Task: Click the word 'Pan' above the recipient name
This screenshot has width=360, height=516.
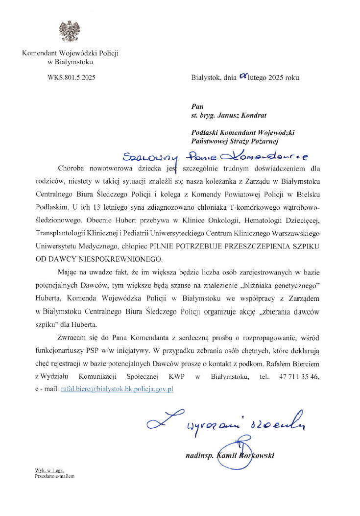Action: click(196, 106)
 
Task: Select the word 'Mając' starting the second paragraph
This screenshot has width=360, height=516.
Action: click(69, 272)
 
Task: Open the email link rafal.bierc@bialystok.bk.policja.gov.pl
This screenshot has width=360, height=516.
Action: click(117, 389)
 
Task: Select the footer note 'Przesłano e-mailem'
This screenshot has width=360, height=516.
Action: click(54, 475)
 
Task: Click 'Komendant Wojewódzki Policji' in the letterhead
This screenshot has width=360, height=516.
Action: click(71, 52)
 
